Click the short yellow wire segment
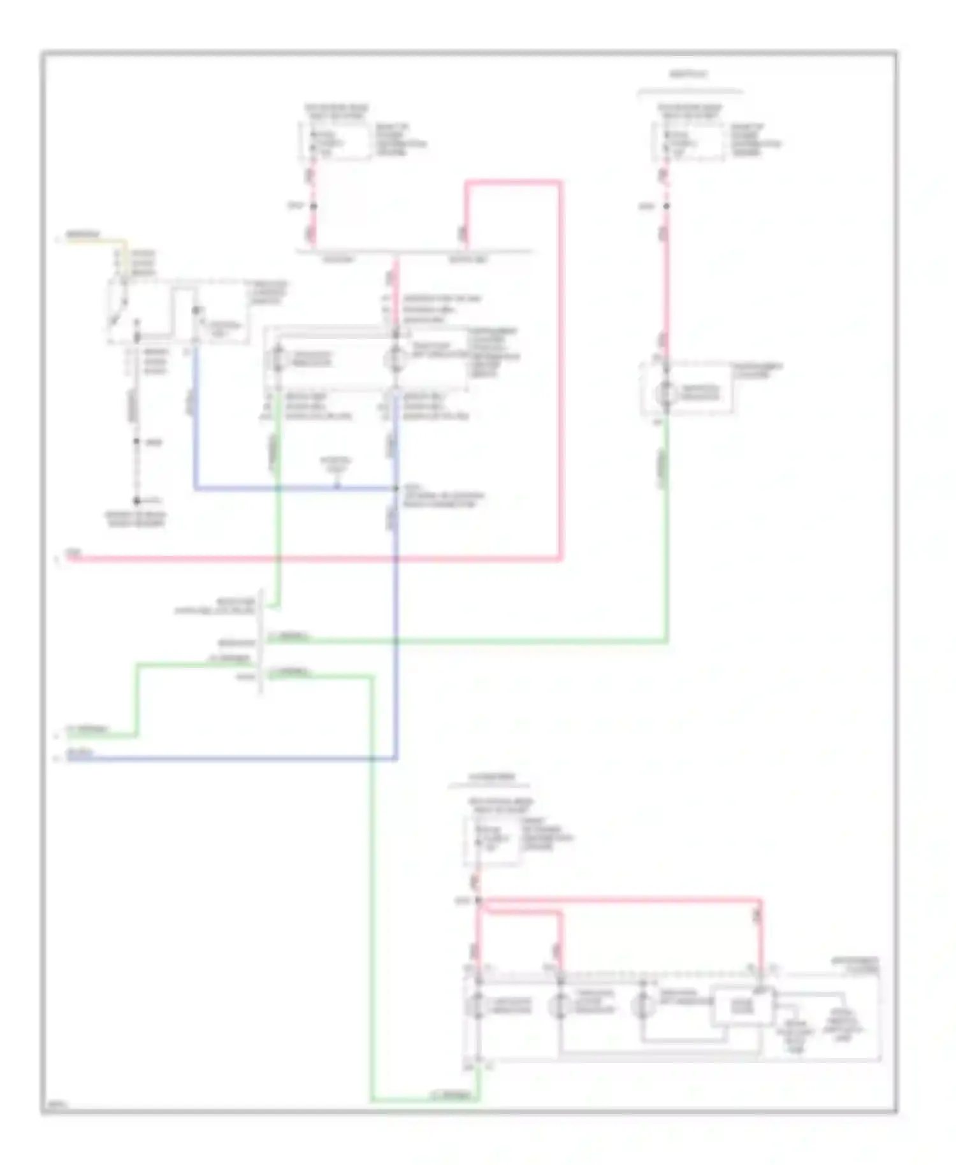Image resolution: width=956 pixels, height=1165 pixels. [x=96, y=241]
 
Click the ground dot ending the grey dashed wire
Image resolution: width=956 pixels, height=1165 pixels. [x=136, y=501]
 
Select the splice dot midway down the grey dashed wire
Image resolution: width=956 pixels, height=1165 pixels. [x=136, y=441]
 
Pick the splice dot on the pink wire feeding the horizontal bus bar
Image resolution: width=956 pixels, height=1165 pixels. [x=313, y=206]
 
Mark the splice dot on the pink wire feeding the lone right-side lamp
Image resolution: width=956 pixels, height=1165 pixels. [x=666, y=206]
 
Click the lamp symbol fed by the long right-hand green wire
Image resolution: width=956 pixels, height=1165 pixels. [x=667, y=393]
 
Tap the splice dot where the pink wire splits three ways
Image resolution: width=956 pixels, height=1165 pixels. [x=478, y=901]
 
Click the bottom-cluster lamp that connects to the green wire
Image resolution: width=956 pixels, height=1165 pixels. [x=478, y=1006]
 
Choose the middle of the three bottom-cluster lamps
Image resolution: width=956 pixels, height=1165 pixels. [x=560, y=1006]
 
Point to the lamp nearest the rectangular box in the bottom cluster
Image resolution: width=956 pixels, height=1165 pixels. [x=642, y=1006]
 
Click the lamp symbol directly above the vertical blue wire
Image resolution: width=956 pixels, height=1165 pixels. [x=395, y=358]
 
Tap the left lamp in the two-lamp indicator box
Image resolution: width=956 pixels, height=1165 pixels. [x=278, y=358]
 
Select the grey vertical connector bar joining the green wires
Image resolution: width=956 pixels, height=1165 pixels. [x=261, y=642]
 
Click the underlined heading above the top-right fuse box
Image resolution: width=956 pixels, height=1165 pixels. [x=689, y=75]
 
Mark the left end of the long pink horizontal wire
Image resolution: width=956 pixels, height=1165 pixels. [x=69, y=559]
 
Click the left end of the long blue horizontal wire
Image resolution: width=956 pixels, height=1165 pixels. [x=69, y=758]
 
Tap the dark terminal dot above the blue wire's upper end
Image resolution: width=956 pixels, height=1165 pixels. [x=196, y=310]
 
